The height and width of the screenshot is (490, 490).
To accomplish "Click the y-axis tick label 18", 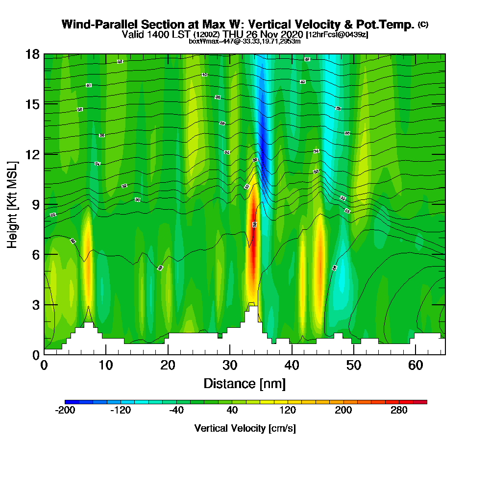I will point(32,54).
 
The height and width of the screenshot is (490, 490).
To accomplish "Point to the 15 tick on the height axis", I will point(32,104).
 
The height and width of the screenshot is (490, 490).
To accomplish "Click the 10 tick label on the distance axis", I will point(106,365).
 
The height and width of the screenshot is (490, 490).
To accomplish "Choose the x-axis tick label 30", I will point(230,365).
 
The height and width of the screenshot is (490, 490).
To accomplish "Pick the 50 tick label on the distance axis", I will point(353,365).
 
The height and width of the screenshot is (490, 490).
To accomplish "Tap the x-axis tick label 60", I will point(415,365).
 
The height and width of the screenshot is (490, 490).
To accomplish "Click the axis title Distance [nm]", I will point(245,383).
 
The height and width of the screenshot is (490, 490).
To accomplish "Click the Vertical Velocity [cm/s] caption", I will point(245,428).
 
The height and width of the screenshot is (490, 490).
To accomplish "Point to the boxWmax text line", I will point(245,41).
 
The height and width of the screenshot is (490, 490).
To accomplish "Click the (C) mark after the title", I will point(423,24).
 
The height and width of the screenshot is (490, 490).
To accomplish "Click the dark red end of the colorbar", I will point(423,402).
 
